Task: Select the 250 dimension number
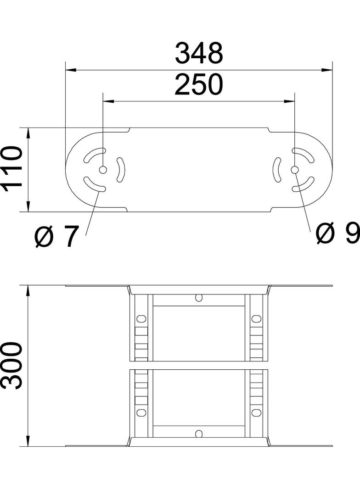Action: [199, 85]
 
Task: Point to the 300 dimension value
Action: [12, 366]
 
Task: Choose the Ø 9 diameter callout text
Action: [338, 234]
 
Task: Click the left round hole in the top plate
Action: [103, 170]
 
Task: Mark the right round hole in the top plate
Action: [294, 170]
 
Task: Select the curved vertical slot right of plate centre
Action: [277, 170]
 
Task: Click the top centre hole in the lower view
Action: [198, 297]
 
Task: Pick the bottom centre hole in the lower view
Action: [198, 433]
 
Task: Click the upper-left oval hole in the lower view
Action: [141, 318]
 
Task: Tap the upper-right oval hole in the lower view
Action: [256, 318]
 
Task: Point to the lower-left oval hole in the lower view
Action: [141, 412]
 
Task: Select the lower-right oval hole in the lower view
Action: [256, 412]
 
